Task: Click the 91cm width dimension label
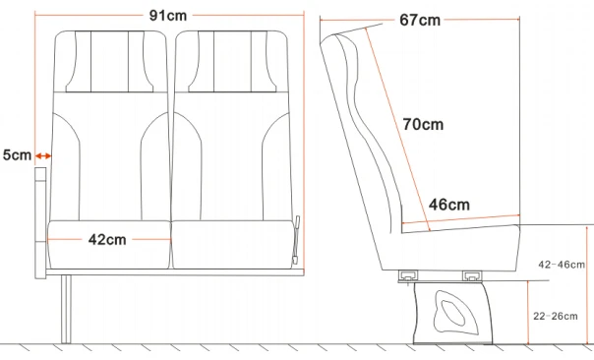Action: click(168, 17)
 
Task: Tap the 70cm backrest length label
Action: click(423, 125)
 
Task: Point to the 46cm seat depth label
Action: click(448, 205)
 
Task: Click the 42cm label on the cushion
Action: click(107, 239)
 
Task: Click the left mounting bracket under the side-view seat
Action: click(405, 277)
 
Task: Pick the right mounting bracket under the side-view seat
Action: click(472, 277)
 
